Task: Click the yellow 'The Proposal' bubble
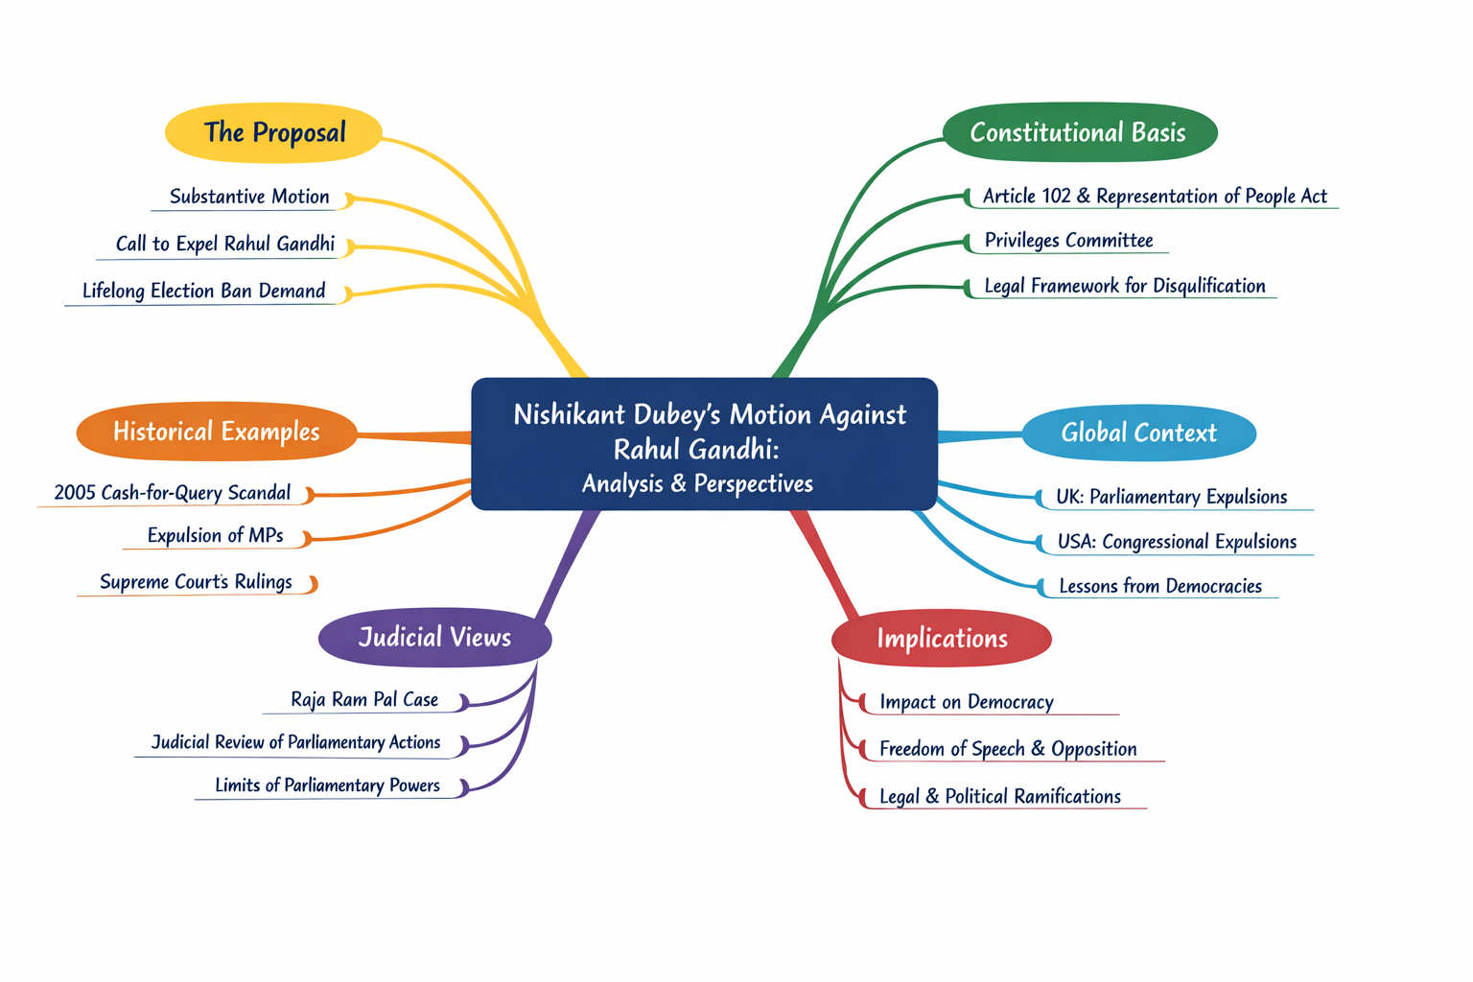(x=274, y=132)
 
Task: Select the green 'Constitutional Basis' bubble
(x=1079, y=132)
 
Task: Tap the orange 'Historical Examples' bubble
(x=217, y=432)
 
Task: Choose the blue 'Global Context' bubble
(x=1138, y=433)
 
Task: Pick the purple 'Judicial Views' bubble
(x=434, y=638)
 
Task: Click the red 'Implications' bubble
(x=942, y=639)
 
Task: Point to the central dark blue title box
(x=704, y=445)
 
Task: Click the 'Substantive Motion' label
(x=249, y=197)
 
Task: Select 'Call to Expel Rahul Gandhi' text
(x=225, y=244)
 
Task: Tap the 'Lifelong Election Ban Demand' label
(x=204, y=291)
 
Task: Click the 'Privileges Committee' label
(x=1068, y=241)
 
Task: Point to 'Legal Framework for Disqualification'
(x=1125, y=286)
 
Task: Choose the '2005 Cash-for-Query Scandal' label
(x=173, y=493)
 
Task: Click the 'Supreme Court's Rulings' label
(x=196, y=582)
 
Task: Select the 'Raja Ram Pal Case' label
(x=364, y=700)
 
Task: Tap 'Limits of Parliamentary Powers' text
(x=327, y=785)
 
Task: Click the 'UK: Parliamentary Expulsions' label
(x=1171, y=497)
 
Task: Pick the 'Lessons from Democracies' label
(x=1160, y=586)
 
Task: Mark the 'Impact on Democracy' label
(x=967, y=702)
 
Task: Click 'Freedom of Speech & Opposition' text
(x=1008, y=749)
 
